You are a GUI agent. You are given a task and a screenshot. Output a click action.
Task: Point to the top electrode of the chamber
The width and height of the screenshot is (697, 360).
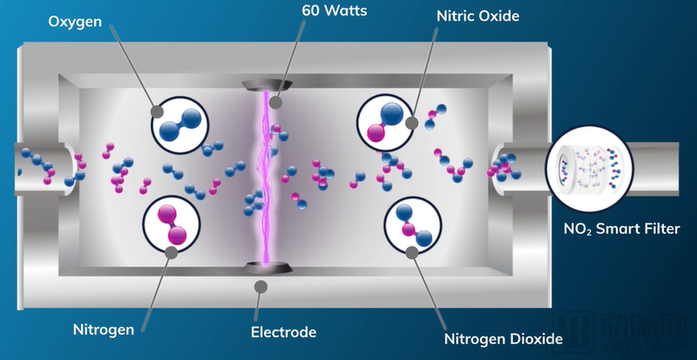[265, 85]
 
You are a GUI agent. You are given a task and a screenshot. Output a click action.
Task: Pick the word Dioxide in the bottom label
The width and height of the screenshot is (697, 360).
[534, 337]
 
